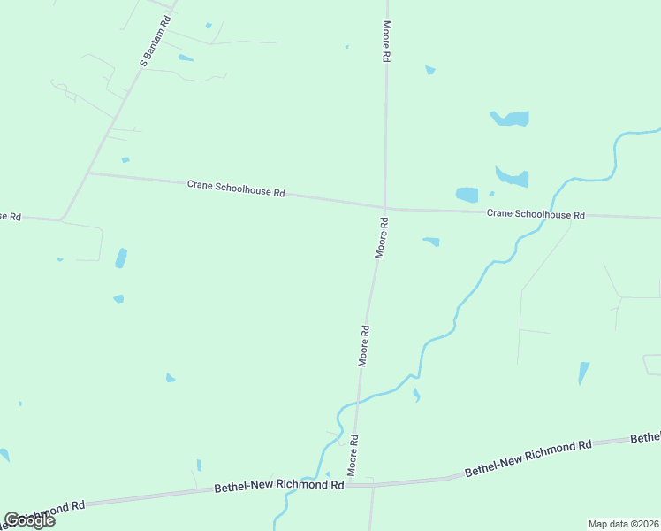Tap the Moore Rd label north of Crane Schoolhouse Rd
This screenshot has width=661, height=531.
(x=386, y=41)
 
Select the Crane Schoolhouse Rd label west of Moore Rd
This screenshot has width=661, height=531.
(x=236, y=188)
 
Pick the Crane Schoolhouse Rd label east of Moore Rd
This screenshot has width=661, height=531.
(x=536, y=214)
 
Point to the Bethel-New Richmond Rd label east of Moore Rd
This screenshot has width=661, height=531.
(x=528, y=458)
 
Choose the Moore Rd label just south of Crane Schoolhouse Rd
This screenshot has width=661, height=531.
(x=382, y=237)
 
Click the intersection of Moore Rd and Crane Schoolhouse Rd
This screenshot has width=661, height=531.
(x=384, y=209)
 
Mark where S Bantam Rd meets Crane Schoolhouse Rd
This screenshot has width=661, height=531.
(x=88, y=173)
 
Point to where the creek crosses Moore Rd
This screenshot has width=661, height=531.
(x=359, y=401)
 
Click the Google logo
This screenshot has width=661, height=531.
(x=29, y=519)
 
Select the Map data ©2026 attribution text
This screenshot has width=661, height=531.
(x=623, y=523)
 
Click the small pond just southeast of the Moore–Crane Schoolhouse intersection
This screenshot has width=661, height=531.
(x=431, y=241)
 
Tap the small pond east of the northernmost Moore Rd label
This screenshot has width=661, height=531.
(x=429, y=69)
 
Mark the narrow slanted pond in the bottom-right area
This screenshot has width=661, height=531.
(x=583, y=373)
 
